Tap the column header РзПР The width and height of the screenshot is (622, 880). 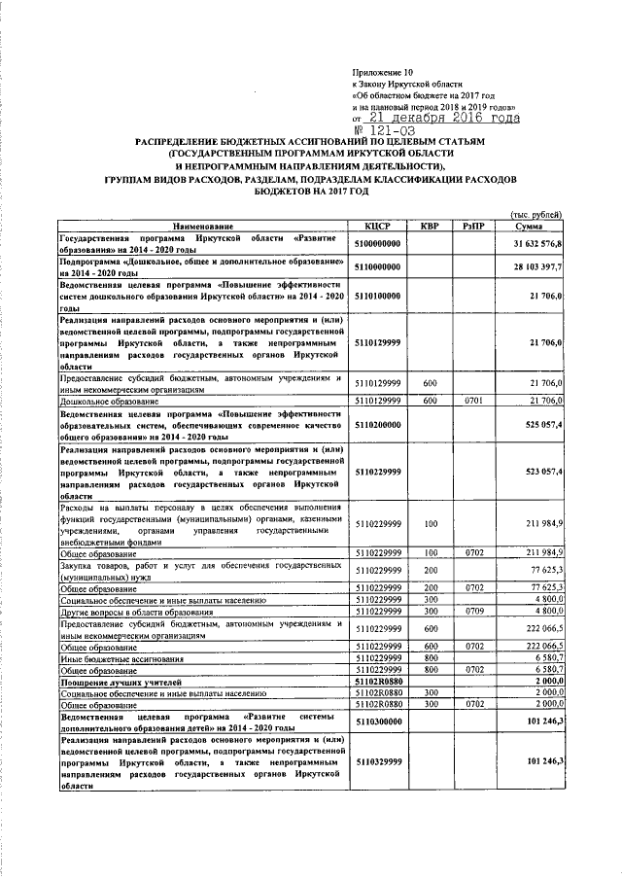click(x=473, y=226)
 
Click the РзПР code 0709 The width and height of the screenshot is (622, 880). click(x=473, y=611)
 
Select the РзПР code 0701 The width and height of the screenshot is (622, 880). click(x=473, y=400)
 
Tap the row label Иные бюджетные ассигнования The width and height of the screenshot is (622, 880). click(x=121, y=658)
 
